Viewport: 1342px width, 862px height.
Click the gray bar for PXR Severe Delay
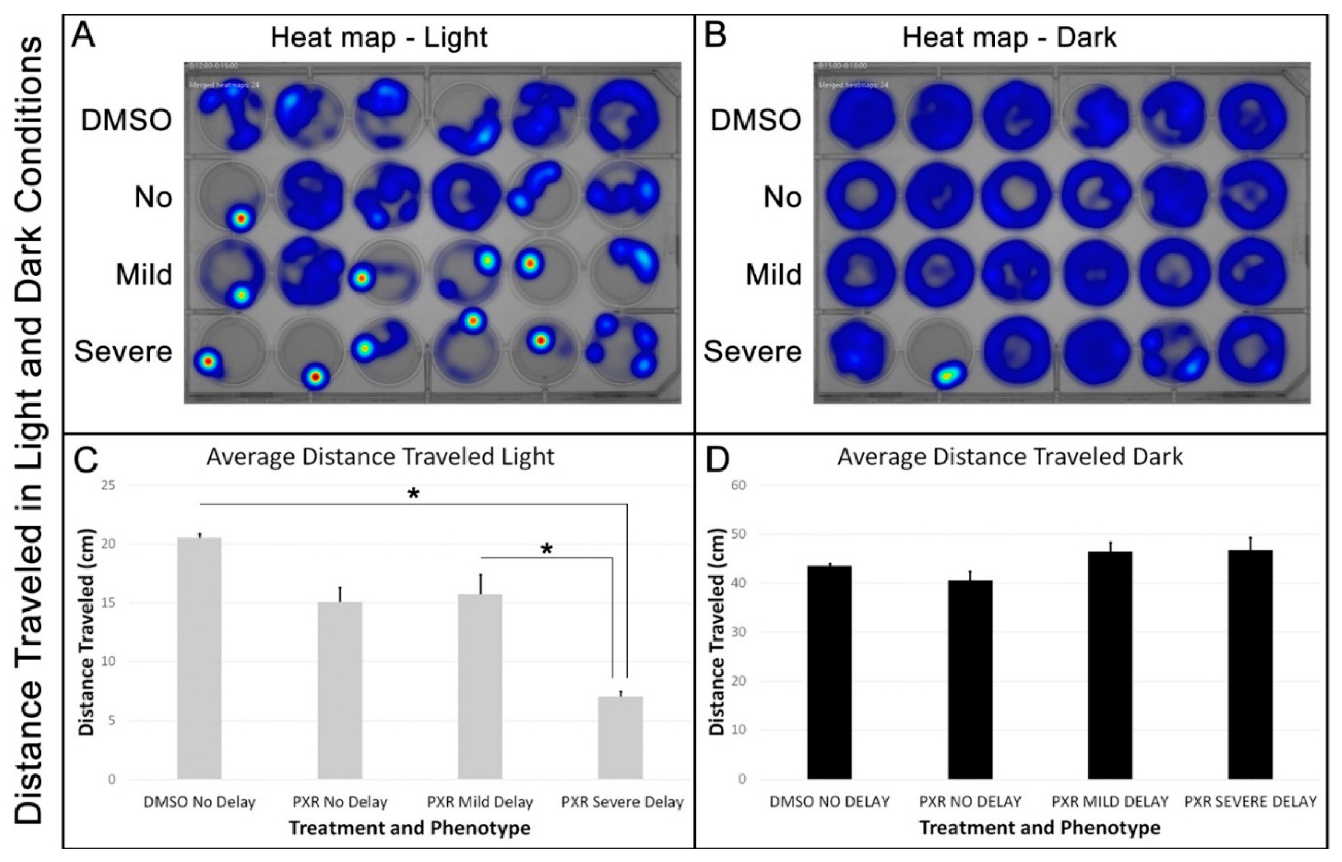click(x=620, y=737)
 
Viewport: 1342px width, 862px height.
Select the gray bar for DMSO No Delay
click(x=199, y=658)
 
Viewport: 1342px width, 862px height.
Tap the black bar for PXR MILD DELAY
click(x=1110, y=665)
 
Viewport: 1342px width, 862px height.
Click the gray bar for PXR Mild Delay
click(x=480, y=686)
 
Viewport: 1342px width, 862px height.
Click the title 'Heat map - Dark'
click(x=1010, y=38)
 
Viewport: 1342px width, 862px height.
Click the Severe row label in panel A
click(x=123, y=352)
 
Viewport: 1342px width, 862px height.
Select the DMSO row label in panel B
click(x=755, y=120)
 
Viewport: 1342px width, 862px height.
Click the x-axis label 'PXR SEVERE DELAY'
click(x=1250, y=802)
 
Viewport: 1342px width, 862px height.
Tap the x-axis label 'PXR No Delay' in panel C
click(x=340, y=802)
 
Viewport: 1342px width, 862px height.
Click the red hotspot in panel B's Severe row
click(x=945, y=376)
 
